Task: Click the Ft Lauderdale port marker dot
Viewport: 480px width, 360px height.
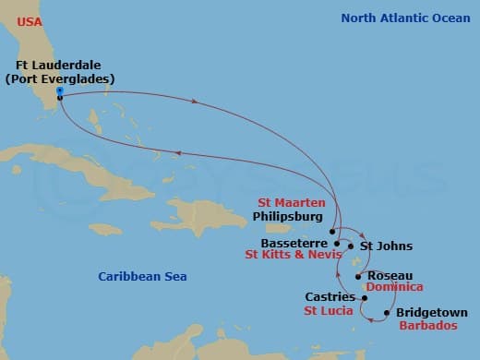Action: tap(59, 96)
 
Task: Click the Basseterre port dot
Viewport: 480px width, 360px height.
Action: tap(338, 245)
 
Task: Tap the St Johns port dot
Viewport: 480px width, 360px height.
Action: tap(351, 246)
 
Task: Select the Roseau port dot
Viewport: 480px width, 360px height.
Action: tap(358, 276)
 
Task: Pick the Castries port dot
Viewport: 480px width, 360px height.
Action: tap(361, 297)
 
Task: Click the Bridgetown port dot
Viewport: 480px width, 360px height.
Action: tap(387, 313)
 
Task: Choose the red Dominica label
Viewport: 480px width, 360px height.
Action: tap(394, 287)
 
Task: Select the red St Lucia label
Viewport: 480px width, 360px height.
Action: tap(326, 311)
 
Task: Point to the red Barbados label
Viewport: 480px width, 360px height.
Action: tap(426, 326)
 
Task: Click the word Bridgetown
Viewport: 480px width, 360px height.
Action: tap(431, 313)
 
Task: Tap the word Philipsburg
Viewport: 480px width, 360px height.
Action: tap(289, 217)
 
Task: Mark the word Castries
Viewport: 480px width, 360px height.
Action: tap(330, 297)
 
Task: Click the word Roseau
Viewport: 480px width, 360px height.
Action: tap(390, 275)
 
